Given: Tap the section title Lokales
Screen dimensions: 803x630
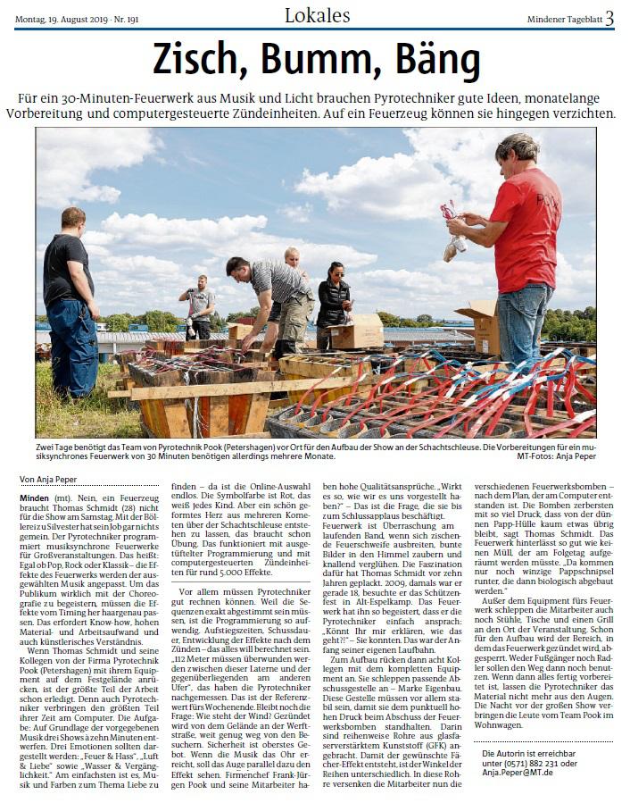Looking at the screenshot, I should pos(318,15).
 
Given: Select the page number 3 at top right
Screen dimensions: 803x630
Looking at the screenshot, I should pos(609,16).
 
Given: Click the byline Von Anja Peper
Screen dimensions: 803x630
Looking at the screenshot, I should pos(48,480).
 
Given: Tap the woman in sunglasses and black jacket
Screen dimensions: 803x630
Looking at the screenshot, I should pos(334,304).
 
